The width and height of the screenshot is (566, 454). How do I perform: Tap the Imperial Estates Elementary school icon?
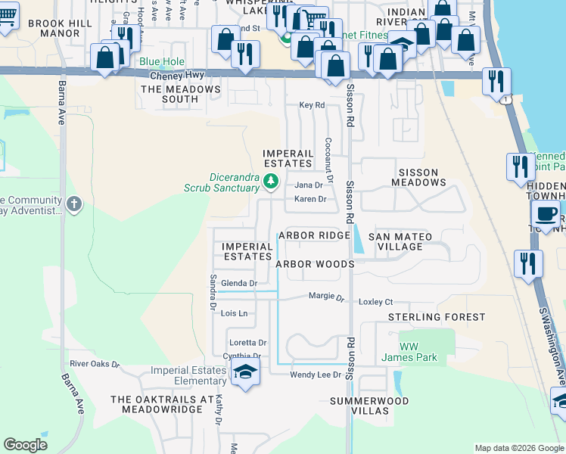(244, 372)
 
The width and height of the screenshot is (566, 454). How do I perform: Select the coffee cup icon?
(545, 214)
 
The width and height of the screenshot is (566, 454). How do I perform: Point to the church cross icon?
(73, 204)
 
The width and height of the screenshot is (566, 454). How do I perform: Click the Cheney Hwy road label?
(177, 76)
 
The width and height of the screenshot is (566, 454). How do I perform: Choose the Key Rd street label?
(312, 105)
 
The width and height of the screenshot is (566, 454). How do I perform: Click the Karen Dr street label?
(310, 200)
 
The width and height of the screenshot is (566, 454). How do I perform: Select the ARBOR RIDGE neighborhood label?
(313, 235)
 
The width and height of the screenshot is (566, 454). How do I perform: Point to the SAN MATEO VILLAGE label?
(400, 242)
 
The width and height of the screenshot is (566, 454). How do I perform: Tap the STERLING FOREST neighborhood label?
(437, 317)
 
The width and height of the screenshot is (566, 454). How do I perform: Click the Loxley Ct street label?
(375, 300)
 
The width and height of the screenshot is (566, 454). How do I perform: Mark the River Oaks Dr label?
(95, 364)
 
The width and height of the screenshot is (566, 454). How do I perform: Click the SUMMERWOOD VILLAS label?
(369, 406)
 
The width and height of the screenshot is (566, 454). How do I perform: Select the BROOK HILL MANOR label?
(60, 29)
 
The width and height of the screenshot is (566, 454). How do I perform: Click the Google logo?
(25, 445)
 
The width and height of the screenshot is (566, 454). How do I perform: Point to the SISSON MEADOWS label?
(418, 177)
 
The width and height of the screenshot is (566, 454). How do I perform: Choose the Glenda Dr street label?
(235, 283)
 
